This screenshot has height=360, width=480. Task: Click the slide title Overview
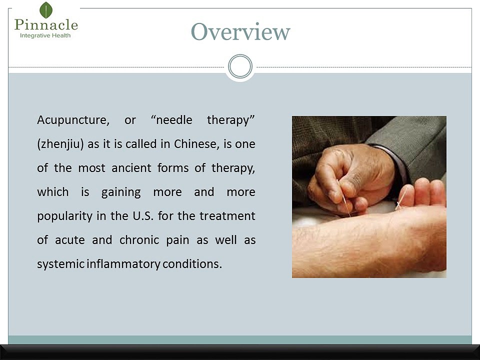pos(240,32)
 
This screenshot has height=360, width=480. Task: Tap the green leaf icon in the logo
pos(46,10)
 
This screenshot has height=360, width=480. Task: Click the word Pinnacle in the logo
pos(46,24)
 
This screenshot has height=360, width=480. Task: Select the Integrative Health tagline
pos(45,36)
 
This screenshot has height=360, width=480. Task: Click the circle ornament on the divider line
pos(240,66)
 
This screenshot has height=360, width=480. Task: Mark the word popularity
pos(63,216)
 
